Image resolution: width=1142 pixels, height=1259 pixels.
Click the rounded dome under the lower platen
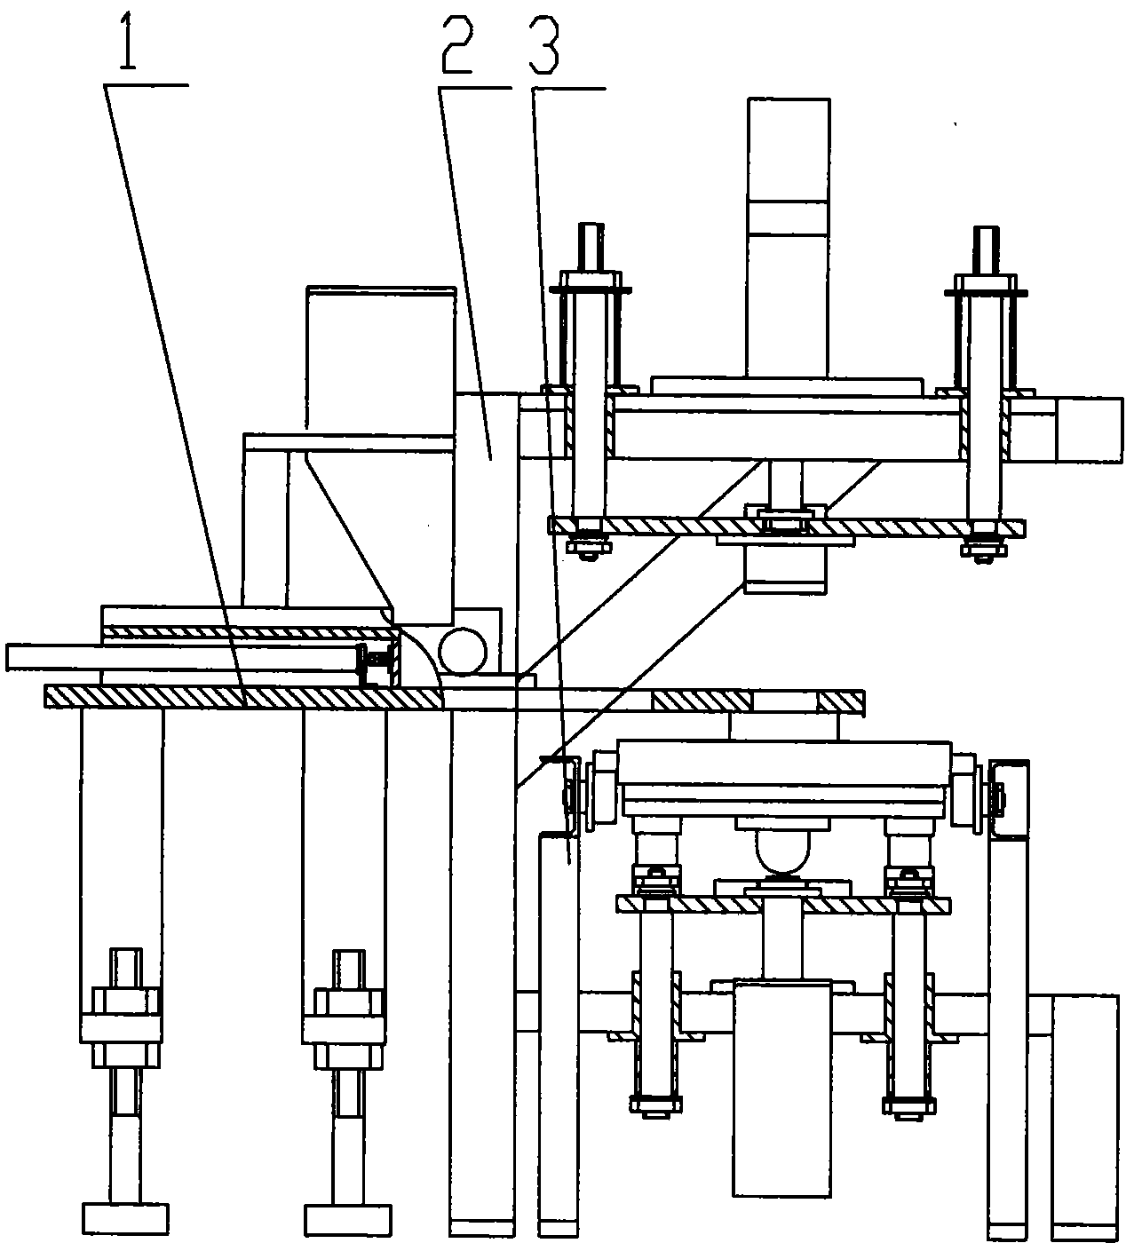click(782, 851)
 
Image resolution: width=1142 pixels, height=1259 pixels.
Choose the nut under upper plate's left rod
click(588, 546)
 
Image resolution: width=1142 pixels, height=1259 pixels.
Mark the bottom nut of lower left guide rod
click(655, 1121)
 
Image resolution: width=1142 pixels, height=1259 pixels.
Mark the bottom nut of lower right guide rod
click(908, 1121)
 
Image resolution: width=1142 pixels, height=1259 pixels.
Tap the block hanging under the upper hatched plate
click(785, 568)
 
